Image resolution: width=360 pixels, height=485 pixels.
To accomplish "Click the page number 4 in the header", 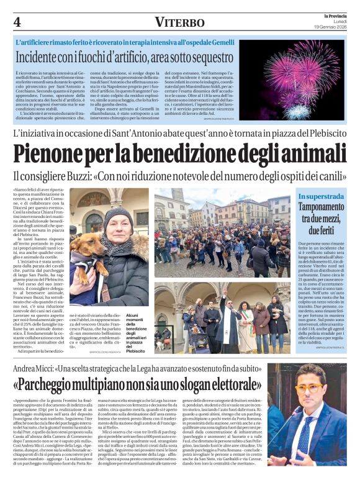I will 17,22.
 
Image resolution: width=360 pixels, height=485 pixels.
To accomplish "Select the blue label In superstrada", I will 320,197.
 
